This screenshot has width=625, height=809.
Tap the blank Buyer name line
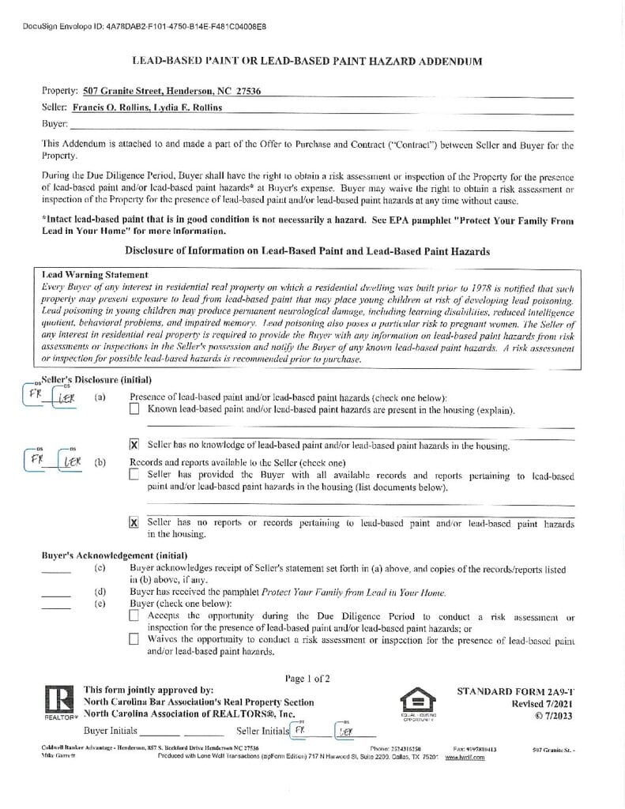[x=316, y=124]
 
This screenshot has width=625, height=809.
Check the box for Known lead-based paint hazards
[x=134, y=409]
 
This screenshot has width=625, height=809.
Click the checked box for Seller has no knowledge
[x=134, y=446]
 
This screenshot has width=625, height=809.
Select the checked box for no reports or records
[x=134, y=522]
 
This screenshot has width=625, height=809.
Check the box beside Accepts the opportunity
[x=134, y=615]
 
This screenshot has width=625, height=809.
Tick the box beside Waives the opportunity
[x=134, y=638]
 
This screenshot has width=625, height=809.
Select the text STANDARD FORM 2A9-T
[x=514, y=690]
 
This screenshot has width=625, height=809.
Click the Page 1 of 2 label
[x=307, y=678]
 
